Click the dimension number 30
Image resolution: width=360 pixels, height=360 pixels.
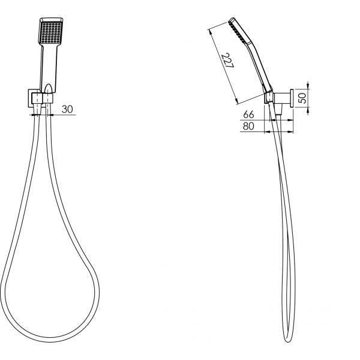(67, 109)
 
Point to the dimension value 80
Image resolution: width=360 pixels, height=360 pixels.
(247, 126)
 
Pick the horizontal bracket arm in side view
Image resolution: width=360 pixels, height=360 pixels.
(281, 98)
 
